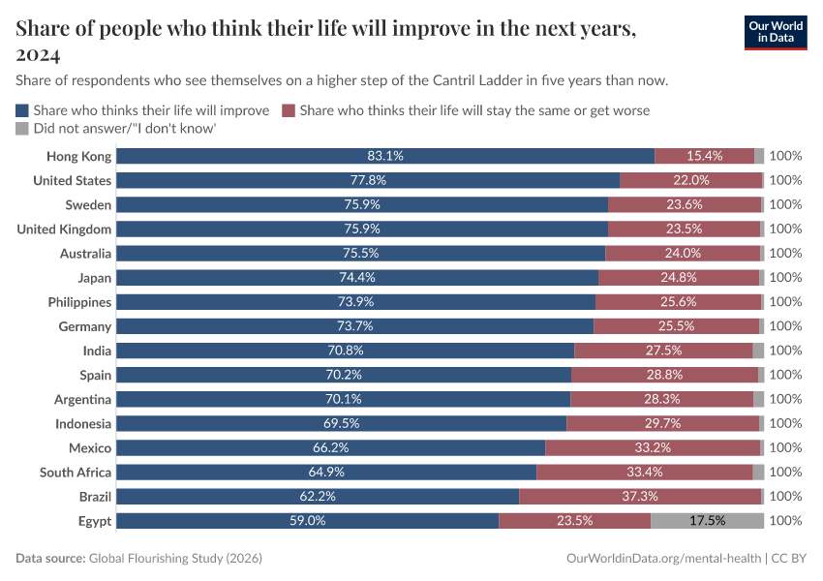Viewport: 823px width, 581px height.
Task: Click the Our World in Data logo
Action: point(776,32)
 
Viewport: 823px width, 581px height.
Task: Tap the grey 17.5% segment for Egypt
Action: point(707,520)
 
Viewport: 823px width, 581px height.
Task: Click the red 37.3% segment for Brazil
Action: point(640,496)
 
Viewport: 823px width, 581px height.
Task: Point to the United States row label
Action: point(73,180)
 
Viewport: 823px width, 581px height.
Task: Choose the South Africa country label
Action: point(76,472)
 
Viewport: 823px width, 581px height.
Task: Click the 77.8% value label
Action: point(368,180)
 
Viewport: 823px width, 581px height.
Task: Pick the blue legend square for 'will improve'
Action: point(22,110)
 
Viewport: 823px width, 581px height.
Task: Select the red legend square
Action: point(288,110)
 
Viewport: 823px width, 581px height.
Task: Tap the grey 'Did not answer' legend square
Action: point(22,128)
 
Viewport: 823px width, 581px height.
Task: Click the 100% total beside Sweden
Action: point(785,204)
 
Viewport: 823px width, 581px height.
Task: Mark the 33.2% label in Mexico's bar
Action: point(653,447)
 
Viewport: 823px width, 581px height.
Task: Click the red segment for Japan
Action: point(678,277)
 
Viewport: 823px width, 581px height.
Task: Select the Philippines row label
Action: point(79,302)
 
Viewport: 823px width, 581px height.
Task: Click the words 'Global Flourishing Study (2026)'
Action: point(175,559)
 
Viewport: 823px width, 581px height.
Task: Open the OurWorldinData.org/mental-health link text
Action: point(662,559)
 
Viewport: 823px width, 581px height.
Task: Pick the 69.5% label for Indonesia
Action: point(342,423)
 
